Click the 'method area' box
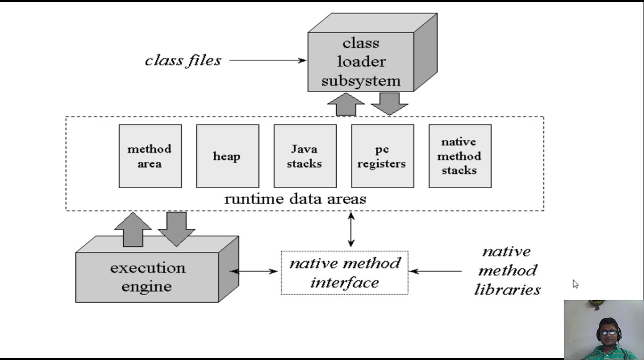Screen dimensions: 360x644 point(150,156)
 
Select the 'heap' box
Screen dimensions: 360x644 point(227,156)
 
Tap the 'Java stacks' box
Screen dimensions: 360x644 point(305,156)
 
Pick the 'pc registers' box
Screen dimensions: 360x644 point(382,156)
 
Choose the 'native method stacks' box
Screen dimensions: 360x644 point(460,156)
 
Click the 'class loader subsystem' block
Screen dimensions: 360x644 point(361,62)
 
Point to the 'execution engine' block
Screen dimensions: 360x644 point(147,277)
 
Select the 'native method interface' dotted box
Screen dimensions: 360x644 point(345,273)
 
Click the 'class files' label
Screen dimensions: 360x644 point(183,60)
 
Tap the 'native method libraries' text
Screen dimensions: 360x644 point(507,271)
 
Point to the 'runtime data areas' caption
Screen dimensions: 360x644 point(295,199)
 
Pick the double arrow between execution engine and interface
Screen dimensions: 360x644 point(254,272)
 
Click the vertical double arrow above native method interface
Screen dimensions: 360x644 point(351,229)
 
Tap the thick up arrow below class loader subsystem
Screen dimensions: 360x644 point(346,105)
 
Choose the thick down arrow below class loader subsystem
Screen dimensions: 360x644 point(389,104)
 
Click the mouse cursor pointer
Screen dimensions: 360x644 point(575,284)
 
